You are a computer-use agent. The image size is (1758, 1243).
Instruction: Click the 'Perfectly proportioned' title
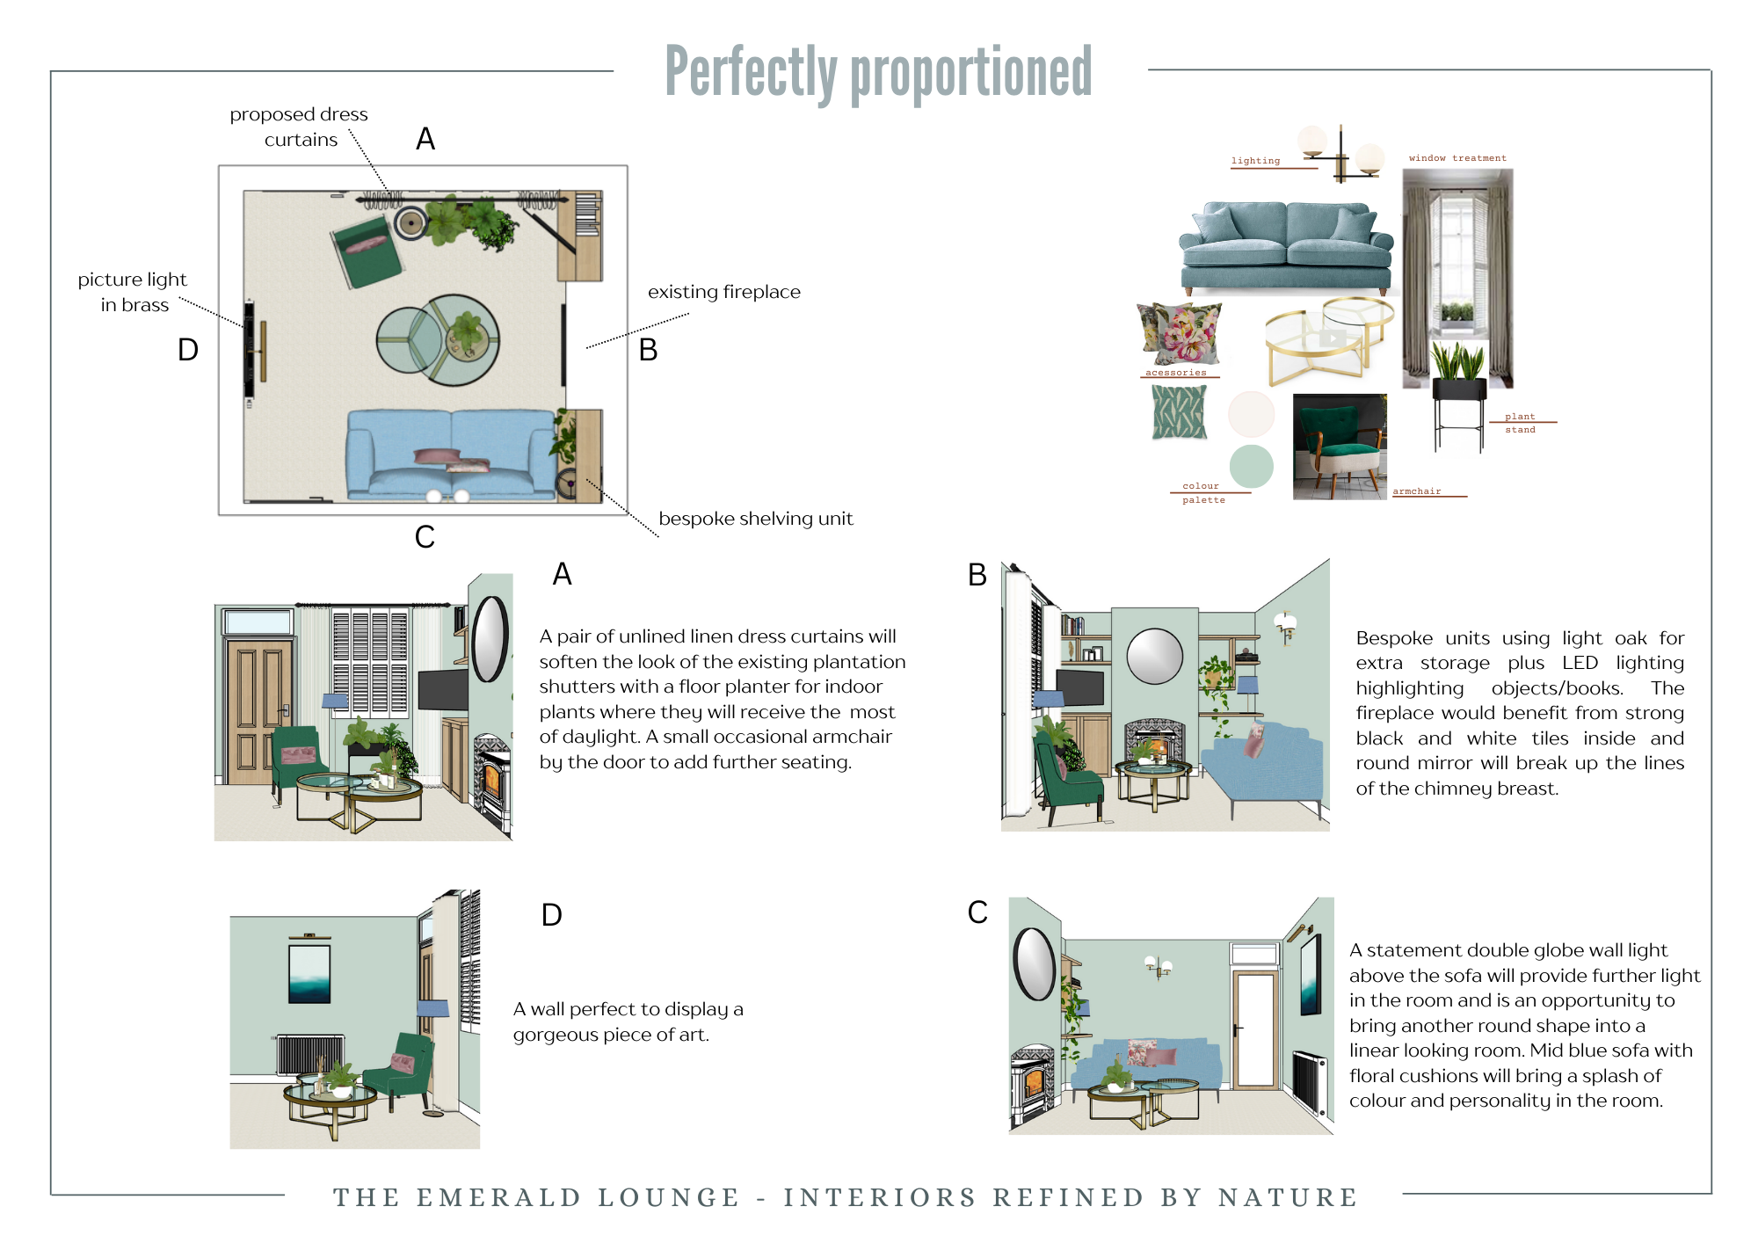coord(878,72)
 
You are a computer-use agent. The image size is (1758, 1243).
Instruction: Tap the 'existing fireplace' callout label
coord(723,292)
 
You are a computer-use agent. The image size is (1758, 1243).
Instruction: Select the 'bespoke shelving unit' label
coord(755,519)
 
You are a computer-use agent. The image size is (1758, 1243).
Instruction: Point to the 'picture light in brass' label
coord(133,292)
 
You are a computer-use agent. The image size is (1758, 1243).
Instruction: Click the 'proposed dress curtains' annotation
coord(299,127)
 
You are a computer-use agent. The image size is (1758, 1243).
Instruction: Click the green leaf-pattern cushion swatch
coord(1179,412)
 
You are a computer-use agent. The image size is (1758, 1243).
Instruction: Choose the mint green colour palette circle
coord(1251,466)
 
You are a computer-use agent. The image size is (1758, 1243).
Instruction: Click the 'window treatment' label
coord(1457,158)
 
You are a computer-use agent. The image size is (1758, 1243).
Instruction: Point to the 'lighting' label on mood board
coord(1255,161)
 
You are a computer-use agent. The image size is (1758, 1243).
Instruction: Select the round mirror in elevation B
coord(1154,656)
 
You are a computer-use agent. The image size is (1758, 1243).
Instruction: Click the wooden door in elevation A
coord(258,712)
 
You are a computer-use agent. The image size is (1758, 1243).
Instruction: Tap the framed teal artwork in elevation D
coord(309,970)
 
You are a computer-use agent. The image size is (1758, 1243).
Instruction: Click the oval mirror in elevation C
coord(1034,963)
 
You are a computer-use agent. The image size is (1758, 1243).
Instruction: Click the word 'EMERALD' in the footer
coord(498,1197)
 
